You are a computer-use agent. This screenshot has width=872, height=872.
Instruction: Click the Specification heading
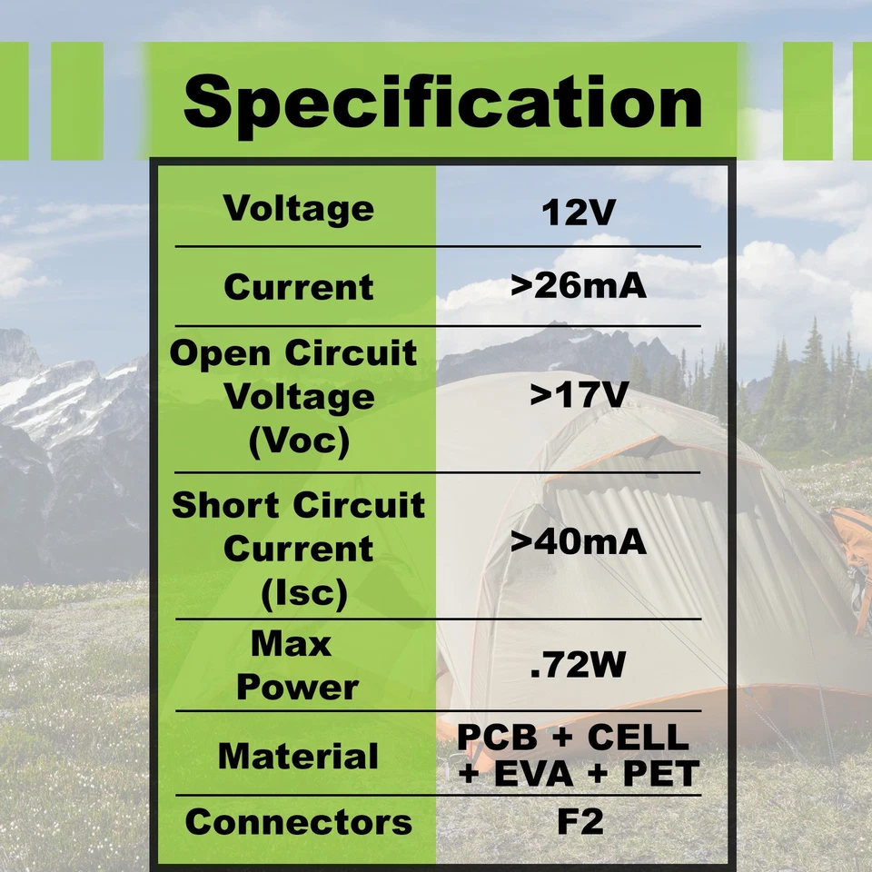click(442, 104)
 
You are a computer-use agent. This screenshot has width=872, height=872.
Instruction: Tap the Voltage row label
click(299, 209)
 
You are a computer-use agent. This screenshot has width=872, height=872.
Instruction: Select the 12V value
click(579, 212)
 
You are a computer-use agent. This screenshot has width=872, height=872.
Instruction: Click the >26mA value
click(579, 286)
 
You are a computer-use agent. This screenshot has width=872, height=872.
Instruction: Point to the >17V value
click(579, 395)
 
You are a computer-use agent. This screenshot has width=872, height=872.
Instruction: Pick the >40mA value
click(579, 541)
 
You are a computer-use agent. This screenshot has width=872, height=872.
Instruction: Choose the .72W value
click(579, 664)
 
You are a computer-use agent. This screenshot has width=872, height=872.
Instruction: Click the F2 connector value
click(580, 822)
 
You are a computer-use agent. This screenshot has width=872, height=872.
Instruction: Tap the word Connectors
click(299, 822)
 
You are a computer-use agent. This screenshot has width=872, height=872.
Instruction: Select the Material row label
click(298, 757)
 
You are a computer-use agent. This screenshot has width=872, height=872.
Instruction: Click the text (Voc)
click(299, 441)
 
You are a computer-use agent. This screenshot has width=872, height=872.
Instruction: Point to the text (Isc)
click(304, 593)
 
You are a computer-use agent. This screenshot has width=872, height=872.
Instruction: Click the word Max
click(291, 644)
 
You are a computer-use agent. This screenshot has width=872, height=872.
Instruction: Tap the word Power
click(298, 688)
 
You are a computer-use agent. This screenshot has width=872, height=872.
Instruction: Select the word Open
click(220, 353)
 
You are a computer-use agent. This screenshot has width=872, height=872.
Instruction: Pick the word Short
click(226, 505)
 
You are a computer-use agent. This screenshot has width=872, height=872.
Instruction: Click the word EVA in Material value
click(533, 774)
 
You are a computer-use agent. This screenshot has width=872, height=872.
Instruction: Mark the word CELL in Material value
click(639, 737)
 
